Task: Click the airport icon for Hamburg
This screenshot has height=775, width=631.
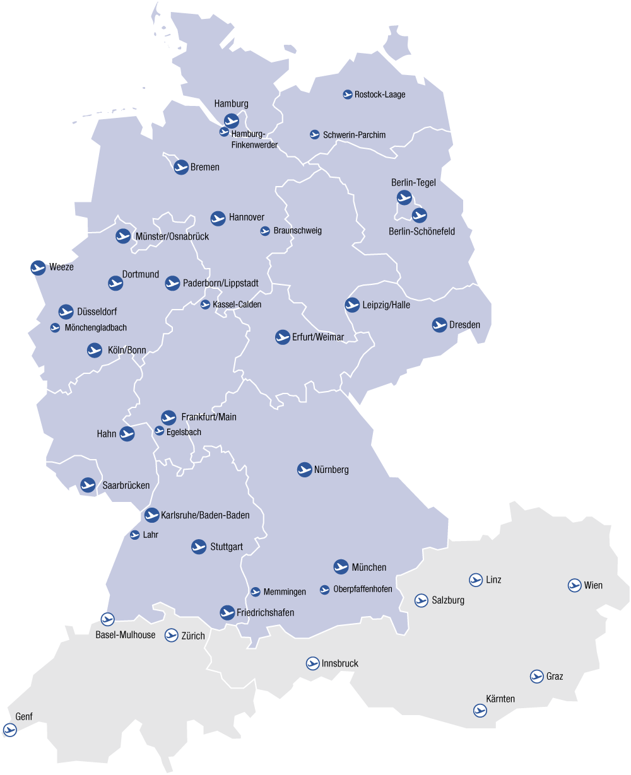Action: pos(232,120)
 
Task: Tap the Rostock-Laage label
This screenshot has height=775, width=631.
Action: pos(380,95)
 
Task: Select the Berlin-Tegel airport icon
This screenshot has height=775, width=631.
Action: pos(404,197)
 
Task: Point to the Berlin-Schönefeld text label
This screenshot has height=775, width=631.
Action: pos(422,231)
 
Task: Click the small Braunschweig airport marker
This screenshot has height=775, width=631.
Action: pos(265,231)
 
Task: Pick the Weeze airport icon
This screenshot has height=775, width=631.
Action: pos(38,267)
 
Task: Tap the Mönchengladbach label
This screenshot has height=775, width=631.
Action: pos(95,328)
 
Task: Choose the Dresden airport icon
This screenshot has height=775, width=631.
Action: pos(440,325)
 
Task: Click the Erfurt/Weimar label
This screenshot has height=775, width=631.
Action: pos(318,337)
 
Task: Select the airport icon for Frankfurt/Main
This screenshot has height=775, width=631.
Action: pos(168,417)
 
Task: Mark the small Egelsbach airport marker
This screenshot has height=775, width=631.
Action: pos(160,431)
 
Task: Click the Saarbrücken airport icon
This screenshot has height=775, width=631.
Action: pos(88,485)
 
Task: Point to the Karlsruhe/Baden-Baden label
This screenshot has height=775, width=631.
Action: pos(205,515)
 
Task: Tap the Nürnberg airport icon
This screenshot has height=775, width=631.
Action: pos(305,469)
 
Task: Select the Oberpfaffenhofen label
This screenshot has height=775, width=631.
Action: pos(363,590)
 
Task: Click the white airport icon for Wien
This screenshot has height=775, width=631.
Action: pos(574,585)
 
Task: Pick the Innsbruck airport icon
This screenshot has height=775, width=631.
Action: pos(312,663)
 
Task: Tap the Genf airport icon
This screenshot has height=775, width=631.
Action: pos(9,730)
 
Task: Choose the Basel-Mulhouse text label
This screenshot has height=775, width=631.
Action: pos(125,635)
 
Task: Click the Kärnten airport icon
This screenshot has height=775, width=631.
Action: pos(480,711)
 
